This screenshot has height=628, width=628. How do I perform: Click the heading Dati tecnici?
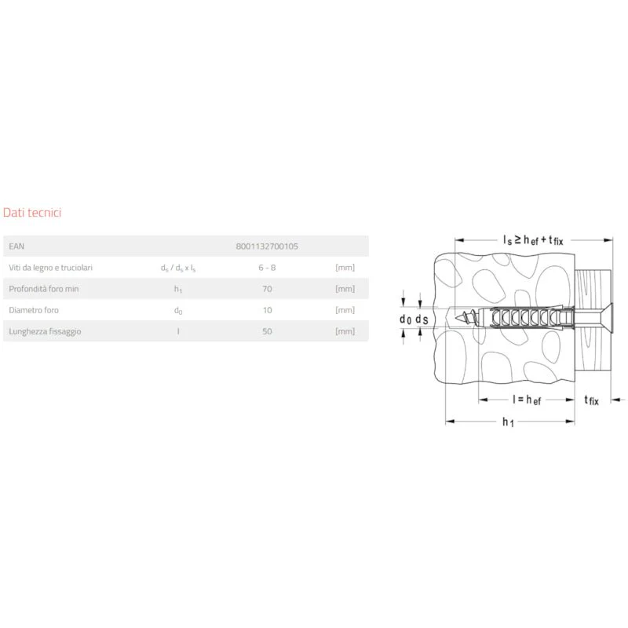point(32,212)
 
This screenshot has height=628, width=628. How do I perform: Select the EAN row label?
point(16,246)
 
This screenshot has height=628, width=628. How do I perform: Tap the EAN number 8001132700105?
point(267,246)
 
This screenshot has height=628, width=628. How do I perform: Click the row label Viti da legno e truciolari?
point(50,268)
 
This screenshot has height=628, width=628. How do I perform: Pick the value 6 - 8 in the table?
point(267,268)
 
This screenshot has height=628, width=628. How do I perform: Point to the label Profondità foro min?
point(44,289)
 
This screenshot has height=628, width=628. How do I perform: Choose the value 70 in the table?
point(267,289)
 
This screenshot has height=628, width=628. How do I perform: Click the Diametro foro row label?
point(34,310)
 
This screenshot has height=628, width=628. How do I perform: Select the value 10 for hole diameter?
point(267,310)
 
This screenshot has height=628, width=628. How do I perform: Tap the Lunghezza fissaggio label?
point(45,331)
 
